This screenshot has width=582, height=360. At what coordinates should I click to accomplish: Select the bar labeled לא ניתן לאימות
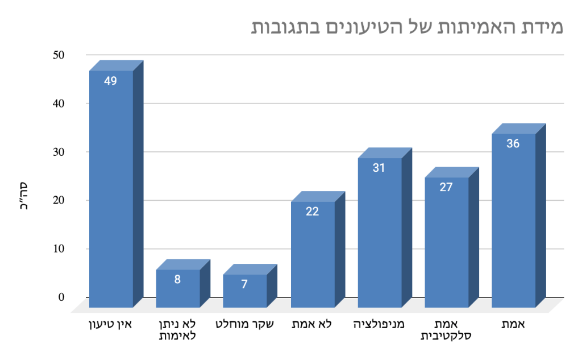pyautogui.click(x=178, y=290)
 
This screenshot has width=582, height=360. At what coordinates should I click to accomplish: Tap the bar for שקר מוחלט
pyautogui.click(x=244, y=292)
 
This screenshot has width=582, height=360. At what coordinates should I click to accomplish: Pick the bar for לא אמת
pyautogui.click(x=313, y=256)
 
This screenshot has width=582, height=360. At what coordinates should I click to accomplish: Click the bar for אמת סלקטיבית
pyautogui.click(x=447, y=245)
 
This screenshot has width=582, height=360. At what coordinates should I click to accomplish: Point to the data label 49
pyautogui.click(x=111, y=81)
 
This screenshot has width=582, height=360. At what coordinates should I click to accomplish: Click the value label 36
pyautogui.click(x=513, y=144)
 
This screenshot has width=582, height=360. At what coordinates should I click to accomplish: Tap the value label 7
pyautogui.click(x=244, y=284)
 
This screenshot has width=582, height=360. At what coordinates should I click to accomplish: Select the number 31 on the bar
pyautogui.click(x=380, y=168)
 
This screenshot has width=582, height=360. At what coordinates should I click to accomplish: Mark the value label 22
pyautogui.click(x=313, y=212)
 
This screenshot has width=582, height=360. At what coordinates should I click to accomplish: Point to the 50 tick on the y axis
pyautogui.click(x=59, y=55)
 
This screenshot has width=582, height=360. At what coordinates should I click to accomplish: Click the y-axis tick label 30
pyautogui.click(x=59, y=152)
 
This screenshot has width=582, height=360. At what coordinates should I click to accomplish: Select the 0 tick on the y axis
pyautogui.click(x=61, y=297)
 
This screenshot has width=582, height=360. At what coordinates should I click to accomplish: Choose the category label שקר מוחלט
pyautogui.click(x=245, y=325)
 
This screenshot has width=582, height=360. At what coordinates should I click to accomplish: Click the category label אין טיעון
pyautogui.click(x=112, y=325)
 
